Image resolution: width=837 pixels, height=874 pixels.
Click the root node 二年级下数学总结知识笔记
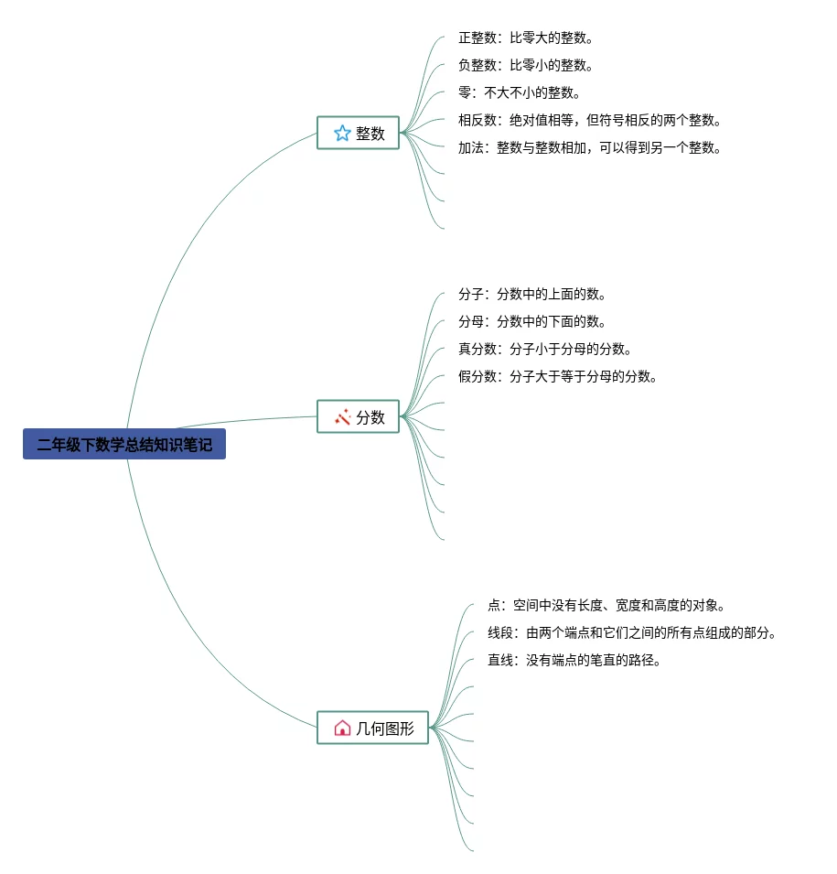pos(124,446)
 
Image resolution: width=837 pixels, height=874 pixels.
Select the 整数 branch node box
pos(358,133)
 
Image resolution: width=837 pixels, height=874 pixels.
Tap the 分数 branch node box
pos(358,416)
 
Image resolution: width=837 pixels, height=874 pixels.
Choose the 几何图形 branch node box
pos(372,728)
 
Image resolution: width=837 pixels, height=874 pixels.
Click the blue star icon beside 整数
pos(342,133)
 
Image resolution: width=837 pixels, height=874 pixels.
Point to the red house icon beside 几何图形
pos(342,728)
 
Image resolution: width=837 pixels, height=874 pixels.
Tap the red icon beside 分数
pos(343,416)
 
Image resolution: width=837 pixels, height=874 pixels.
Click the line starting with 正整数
pos(526,38)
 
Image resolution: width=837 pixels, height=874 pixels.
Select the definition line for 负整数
pos(526,66)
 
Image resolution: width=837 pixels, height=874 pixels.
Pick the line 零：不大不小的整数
pos(520,93)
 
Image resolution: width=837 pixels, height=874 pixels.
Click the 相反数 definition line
pos(590,121)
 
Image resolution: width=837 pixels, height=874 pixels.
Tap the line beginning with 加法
pos(590,148)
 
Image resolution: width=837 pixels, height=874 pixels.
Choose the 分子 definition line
pos(532,295)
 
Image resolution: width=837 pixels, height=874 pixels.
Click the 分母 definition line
pos(532,322)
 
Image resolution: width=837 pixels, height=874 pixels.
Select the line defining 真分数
pos(545,350)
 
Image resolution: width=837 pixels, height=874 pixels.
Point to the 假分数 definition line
pos(558,377)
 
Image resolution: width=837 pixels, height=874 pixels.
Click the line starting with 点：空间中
pos(606,606)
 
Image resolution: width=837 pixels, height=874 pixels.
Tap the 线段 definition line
pos(632,633)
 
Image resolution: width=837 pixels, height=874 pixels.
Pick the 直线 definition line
pos(574,661)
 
